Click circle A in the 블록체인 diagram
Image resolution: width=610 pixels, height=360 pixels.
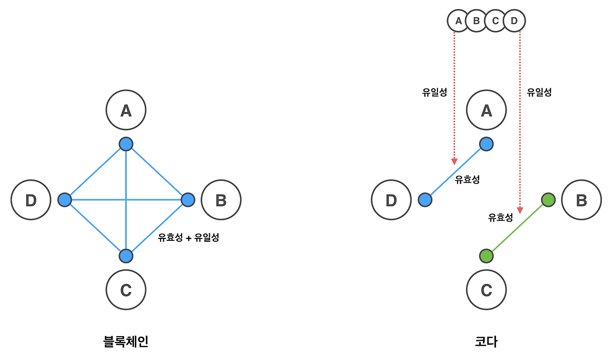click(126, 111)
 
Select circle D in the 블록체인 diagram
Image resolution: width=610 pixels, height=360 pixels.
click(31, 200)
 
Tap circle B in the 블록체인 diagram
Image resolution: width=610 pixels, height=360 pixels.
click(221, 200)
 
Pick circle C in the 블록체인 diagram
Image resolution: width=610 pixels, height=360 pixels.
click(126, 290)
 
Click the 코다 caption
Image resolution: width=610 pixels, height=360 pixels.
click(486, 341)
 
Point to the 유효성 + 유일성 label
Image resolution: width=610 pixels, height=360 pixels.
click(188, 237)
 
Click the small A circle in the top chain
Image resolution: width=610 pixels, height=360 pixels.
click(458, 21)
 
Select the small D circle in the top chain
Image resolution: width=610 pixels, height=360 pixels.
click(514, 21)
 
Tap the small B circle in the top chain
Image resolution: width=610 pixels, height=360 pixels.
click(477, 21)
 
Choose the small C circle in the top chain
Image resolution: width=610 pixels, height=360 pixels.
click(496, 21)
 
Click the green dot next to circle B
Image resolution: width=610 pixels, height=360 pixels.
click(549, 200)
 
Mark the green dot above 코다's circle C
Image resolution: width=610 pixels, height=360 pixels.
click(486, 256)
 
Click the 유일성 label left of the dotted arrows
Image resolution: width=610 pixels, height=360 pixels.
click(435, 93)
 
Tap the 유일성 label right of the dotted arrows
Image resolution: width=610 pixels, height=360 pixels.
click(539, 93)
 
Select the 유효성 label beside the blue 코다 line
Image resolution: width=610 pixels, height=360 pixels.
click(467, 180)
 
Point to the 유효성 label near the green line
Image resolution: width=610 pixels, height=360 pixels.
click(500, 218)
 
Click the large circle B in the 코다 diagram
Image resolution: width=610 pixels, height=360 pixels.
click(581, 200)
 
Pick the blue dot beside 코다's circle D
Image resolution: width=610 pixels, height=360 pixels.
click(425, 200)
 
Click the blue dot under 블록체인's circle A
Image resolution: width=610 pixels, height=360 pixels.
click(126, 144)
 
